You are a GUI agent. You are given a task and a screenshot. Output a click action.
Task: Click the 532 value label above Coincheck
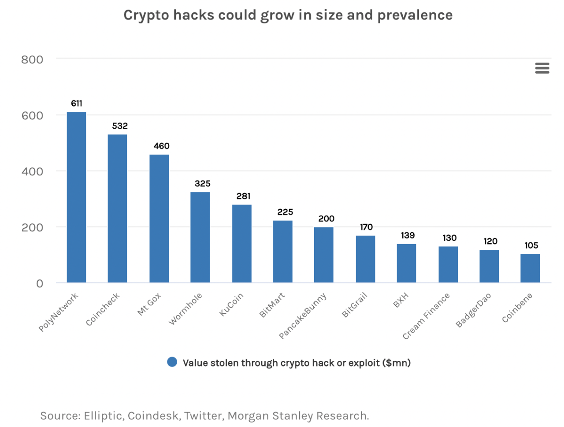tap(119, 126)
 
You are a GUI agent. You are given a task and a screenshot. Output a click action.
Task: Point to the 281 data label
tap(243, 196)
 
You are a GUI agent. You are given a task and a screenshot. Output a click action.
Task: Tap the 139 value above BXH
tap(408, 235)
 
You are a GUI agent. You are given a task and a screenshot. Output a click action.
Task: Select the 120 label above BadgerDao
tap(490, 241)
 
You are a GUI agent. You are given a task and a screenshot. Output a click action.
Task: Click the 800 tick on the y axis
tap(32, 59)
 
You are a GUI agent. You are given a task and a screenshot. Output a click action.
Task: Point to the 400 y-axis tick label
tap(32, 171)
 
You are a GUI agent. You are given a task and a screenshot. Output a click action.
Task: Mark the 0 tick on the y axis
tap(40, 283)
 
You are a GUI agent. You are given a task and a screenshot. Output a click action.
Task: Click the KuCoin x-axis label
tap(231, 304)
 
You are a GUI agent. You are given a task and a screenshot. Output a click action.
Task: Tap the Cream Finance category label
tap(426, 316)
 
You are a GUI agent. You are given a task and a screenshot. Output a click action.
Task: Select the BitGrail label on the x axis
tap(355, 305)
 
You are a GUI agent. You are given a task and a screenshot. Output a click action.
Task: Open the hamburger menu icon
tap(542, 68)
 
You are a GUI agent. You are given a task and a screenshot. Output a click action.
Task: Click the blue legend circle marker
tap(172, 362)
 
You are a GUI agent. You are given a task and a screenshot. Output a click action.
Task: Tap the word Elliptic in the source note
tap(103, 416)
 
